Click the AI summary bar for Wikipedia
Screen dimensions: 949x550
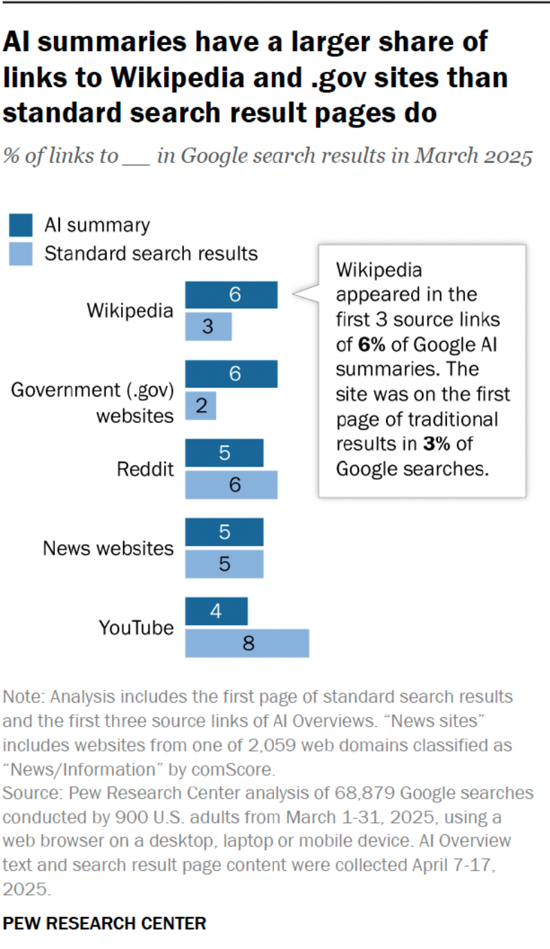click(x=231, y=295)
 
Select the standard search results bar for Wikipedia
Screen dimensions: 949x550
click(x=208, y=327)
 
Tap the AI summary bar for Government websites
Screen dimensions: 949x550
click(x=231, y=374)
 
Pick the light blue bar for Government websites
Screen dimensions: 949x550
click(x=201, y=406)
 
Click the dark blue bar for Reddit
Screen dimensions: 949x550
click(x=224, y=453)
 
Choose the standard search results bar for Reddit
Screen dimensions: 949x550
click(x=231, y=485)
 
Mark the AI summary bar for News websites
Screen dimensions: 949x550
click(x=224, y=532)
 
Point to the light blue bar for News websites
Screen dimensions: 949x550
click(x=224, y=563)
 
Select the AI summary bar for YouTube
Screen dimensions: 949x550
click(x=216, y=611)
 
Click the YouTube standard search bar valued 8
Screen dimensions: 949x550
click(x=247, y=643)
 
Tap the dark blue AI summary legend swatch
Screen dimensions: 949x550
click(x=21, y=225)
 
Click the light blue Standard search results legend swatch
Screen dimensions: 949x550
click(x=21, y=253)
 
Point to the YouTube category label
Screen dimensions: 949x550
click(x=136, y=628)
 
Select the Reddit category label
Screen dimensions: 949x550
click(x=145, y=469)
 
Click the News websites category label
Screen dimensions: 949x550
click(x=108, y=548)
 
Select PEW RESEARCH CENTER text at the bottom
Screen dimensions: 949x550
click(x=104, y=923)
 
